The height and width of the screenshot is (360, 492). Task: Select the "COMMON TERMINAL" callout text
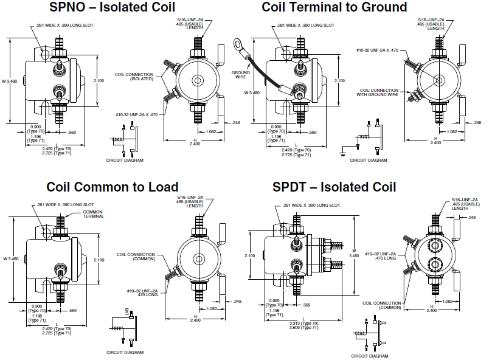click(x=92, y=214)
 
